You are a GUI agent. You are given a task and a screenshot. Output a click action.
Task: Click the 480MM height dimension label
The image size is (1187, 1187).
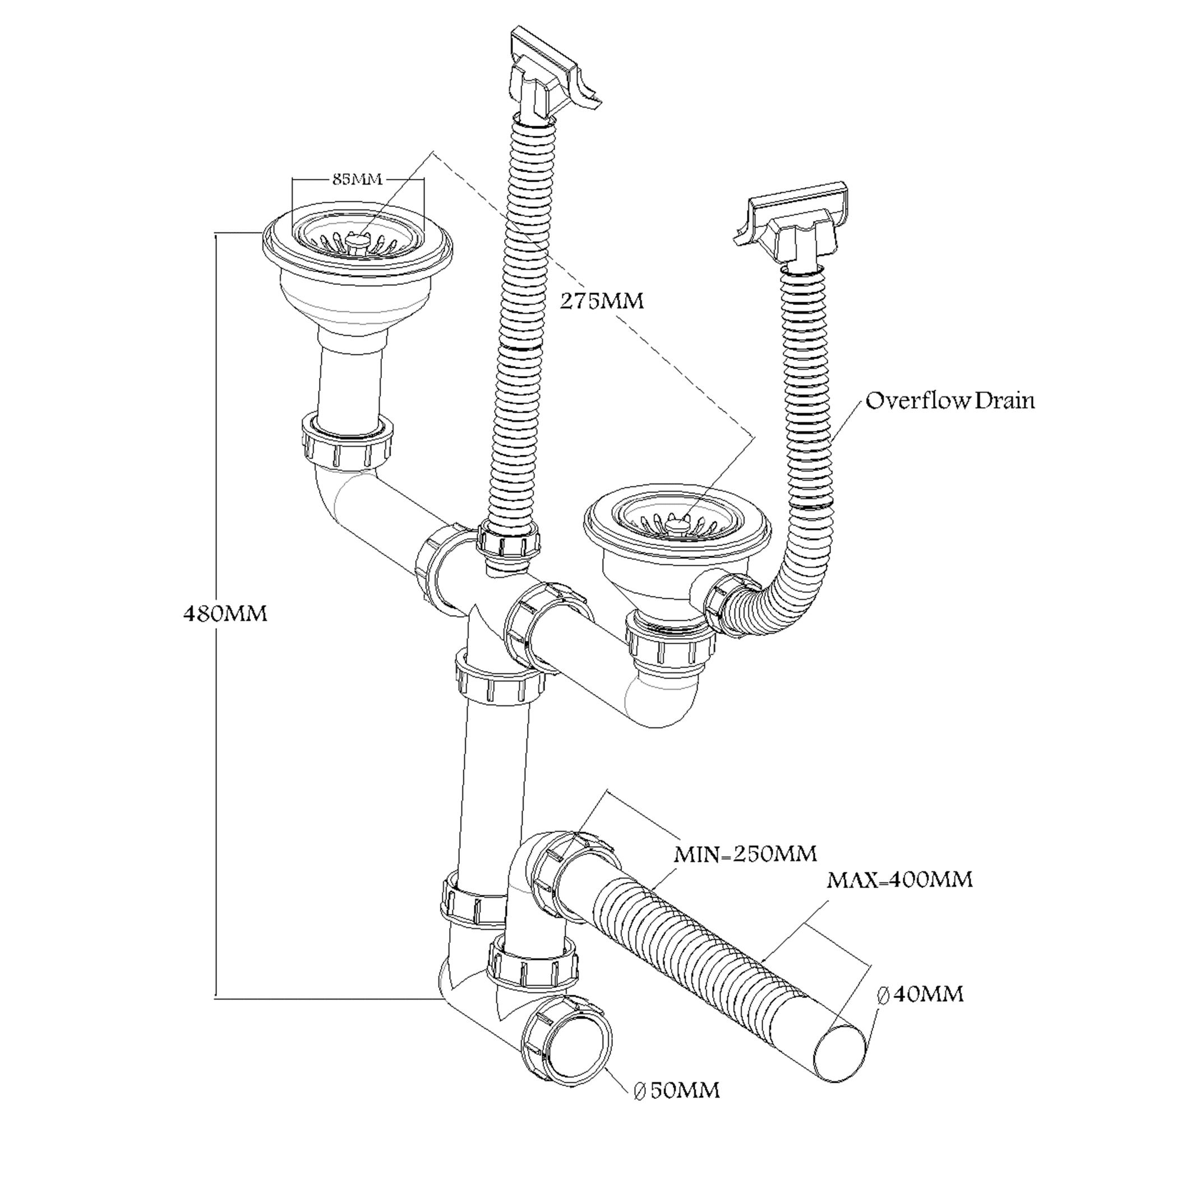click(x=225, y=614)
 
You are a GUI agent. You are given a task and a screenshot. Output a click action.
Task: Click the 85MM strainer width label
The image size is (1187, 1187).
click(x=357, y=179)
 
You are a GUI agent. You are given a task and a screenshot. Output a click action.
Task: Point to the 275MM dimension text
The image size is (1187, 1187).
click(x=602, y=301)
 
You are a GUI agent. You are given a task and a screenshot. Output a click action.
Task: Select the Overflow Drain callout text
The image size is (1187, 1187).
click(x=950, y=400)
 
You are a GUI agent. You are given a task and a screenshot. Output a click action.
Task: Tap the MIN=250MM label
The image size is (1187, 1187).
click(x=745, y=854)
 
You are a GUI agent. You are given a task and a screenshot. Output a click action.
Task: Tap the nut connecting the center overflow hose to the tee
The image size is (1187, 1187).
click(x=509, y=541)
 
